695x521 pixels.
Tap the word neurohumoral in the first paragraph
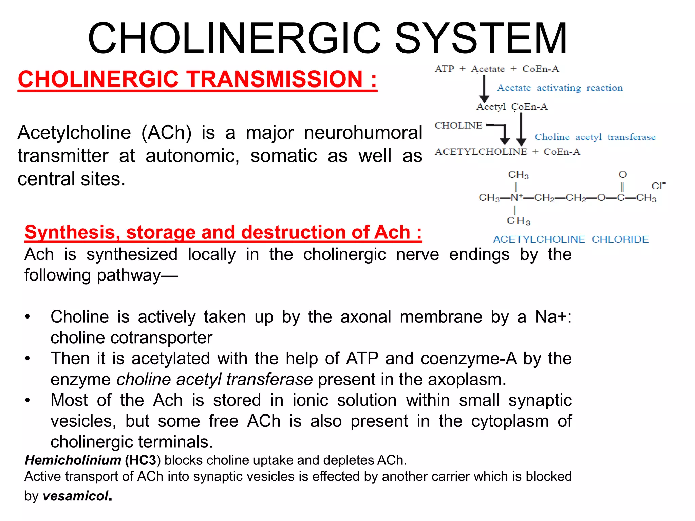tap(363, 133)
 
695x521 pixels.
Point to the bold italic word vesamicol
tap(76, 496)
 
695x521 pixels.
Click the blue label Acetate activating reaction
tap(560, 88)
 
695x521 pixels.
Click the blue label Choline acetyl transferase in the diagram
tap(595, 137)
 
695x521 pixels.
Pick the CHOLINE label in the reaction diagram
tap(458, 126)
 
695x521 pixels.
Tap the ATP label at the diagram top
tap(444, 69)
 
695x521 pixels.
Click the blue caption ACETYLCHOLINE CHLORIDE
tap(571, 239)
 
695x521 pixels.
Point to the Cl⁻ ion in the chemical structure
tap(658, 186)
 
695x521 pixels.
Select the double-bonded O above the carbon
tap(622, 175)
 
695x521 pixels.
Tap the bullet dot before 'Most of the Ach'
tap(28, 400)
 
